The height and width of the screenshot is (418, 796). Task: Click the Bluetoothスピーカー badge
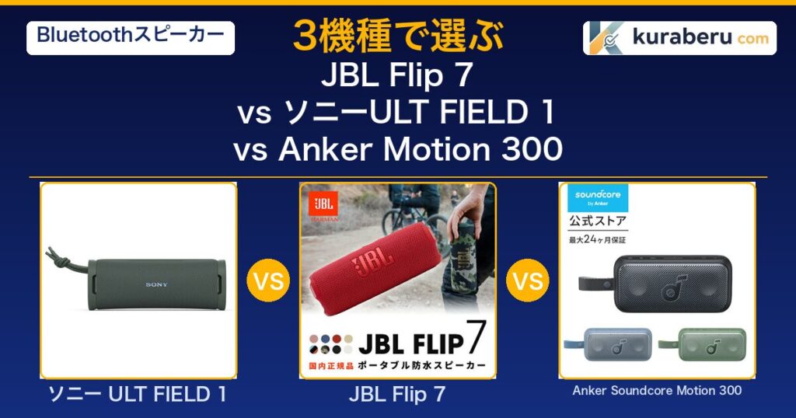tap(131, 38)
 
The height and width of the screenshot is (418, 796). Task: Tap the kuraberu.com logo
tap(679, 38)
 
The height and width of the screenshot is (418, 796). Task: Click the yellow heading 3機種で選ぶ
tap(398, 37)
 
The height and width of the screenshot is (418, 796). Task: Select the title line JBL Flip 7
tap(397, 75)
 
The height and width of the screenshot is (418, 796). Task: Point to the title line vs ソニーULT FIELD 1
tap(396, 113)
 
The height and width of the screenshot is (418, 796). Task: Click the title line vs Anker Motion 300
tap(397, 150)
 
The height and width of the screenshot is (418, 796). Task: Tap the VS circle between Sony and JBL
tap(268, 280)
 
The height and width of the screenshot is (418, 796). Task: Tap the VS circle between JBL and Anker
tap(528, 280)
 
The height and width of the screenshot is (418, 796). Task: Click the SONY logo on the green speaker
tap(156, 284)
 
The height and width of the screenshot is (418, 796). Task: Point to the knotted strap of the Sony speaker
tap(66, 261)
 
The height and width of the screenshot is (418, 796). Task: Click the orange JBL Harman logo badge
tap(323, 207)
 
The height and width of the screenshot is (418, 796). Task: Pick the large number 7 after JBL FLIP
tap(477, 337)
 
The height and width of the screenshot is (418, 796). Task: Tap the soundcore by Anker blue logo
tap(598, 198)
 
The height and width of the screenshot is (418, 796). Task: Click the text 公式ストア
tap(598, 221)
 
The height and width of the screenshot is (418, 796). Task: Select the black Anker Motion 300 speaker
tap(655, 284)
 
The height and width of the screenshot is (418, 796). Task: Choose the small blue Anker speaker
tap(609, 344)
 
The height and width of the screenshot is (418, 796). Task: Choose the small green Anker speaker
tap(703, 344)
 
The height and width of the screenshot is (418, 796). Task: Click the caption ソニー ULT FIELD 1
tap(138, 395)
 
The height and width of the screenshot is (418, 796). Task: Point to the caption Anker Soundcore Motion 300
tap(657, 391)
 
